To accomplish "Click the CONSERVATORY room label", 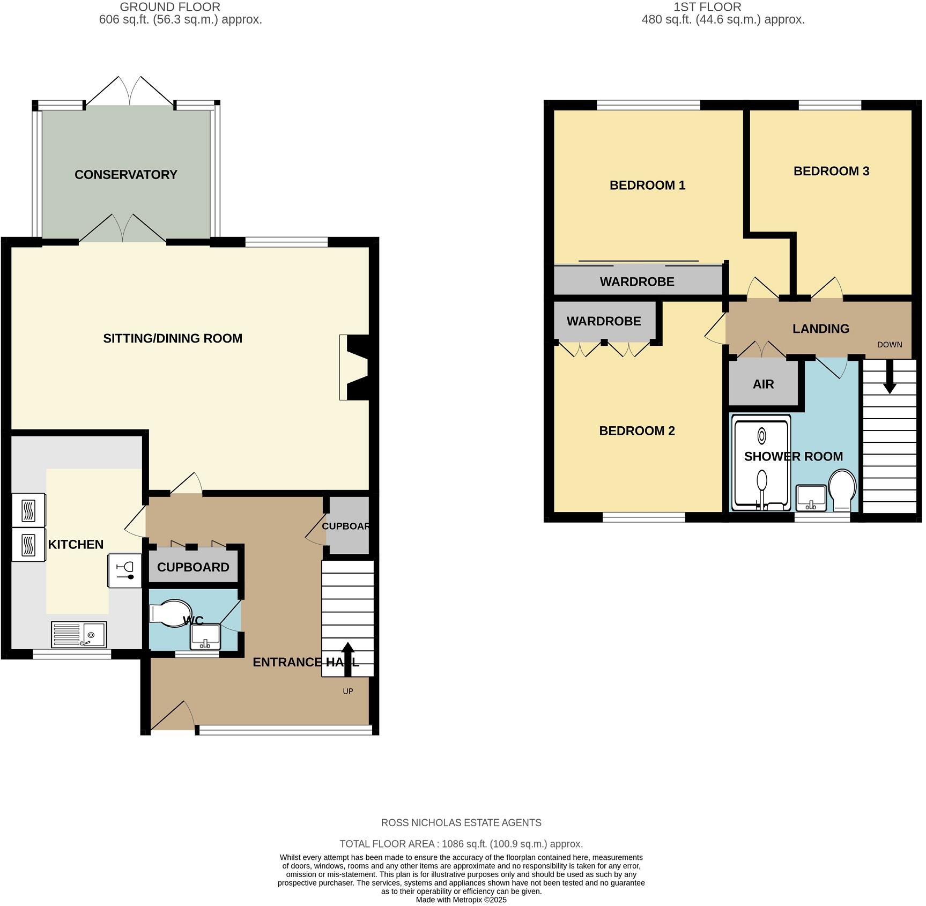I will click(x=125, y=175).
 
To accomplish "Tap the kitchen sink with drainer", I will click(x=79, y=634).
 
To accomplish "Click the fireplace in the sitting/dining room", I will click(x=355, y=368).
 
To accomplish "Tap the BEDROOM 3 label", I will click(x=831, y=171).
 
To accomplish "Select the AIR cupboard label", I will click(x=763, y=384).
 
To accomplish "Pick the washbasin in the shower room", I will click(x=811, y=498).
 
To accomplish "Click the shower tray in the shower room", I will click(x=761, y=464).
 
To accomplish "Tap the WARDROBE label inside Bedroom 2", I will click(x=604, y=321).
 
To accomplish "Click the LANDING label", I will click(x=820, y=329).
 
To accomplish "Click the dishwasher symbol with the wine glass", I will click(x=125, y=571).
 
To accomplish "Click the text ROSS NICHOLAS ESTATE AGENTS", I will click(x=461, y=822).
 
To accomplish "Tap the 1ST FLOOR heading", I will click(x=707, y=7).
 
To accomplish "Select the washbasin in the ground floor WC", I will click(x=205, y=637).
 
